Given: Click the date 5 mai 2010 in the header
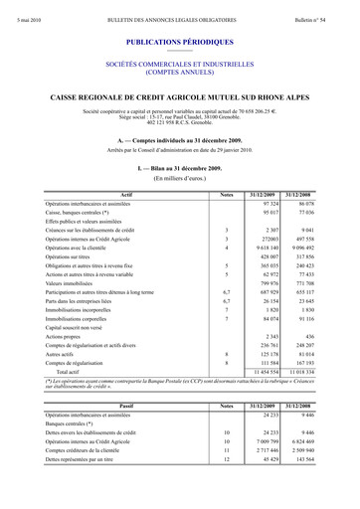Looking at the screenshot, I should coord(31,8).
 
